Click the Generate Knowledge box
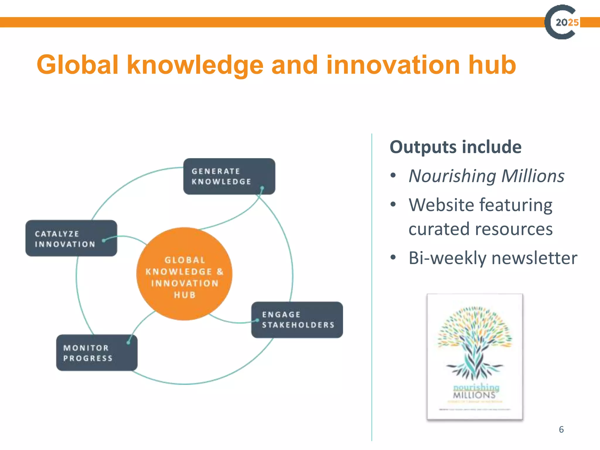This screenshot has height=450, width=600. click(x=229, y=176)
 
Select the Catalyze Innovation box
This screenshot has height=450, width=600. click(x=71, y=238)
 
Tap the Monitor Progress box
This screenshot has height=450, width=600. click(x=97, y=353)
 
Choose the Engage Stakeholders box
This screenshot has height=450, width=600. click(x=297, y=320)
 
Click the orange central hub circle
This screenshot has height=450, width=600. click(x=184, y=274)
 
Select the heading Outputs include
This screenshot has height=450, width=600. click(x=456, y=147)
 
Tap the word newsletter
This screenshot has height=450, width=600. click(x=534, y=258)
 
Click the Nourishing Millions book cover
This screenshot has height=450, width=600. click(x=475, y=357)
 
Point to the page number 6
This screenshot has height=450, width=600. click(x=561, y=429)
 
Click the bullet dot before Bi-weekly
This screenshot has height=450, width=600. click(x=393, y=258)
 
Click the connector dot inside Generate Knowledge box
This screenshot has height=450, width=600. click(x=262, y=188)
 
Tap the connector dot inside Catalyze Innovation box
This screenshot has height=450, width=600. click(x=104, y=241)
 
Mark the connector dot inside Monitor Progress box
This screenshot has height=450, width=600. click(x=128, y=342)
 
